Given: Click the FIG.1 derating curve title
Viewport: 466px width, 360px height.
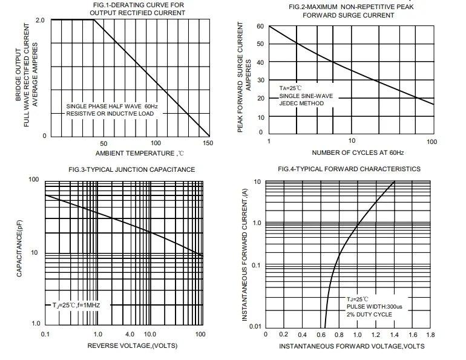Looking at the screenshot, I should (x=139, y=9).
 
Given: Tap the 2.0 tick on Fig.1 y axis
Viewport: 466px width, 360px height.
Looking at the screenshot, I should (x=41, y=21).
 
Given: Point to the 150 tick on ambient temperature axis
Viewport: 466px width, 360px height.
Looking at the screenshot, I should (x=208, y=143).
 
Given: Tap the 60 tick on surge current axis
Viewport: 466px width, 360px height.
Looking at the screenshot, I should (x=260, y=26).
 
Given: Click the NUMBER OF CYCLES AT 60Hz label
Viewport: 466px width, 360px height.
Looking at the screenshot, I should (x=349, y=154).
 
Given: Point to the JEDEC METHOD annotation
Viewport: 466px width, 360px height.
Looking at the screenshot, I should (x=301, y=103).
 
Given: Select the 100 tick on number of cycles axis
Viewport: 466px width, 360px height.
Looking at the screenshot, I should (x=432, y=142).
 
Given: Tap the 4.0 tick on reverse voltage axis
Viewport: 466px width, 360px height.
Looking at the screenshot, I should (x=130, y=335).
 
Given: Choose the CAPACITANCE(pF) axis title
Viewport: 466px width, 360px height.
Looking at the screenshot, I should (x=21, y=252).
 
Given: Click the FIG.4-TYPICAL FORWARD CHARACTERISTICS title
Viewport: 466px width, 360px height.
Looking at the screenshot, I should (x=349, y=169).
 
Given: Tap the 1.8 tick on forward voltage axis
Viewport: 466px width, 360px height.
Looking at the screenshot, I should (x=430, y=335).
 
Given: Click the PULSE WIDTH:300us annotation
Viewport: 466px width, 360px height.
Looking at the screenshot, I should (x=369, y=307).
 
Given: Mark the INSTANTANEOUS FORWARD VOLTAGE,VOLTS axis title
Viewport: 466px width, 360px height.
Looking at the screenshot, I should (x=351, y=346).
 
